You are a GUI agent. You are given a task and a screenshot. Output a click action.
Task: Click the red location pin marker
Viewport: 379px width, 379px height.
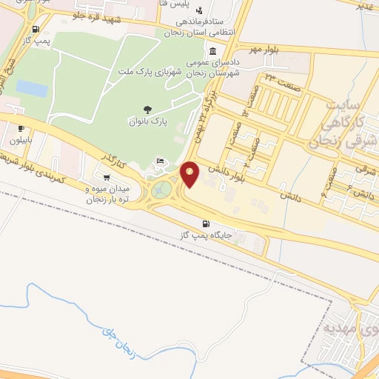click(x=190, y=174)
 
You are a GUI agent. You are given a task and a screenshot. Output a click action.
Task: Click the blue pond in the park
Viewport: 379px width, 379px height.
click(x=32, y=87)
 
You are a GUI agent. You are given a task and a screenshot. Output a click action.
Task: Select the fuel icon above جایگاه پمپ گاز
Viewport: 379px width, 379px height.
click(x=205, y=224)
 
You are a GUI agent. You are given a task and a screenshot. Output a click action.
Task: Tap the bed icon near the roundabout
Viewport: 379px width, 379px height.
click(x=159, y=161)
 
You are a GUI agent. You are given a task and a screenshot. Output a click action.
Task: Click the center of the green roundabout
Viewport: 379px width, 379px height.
click(x=161, y=191)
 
